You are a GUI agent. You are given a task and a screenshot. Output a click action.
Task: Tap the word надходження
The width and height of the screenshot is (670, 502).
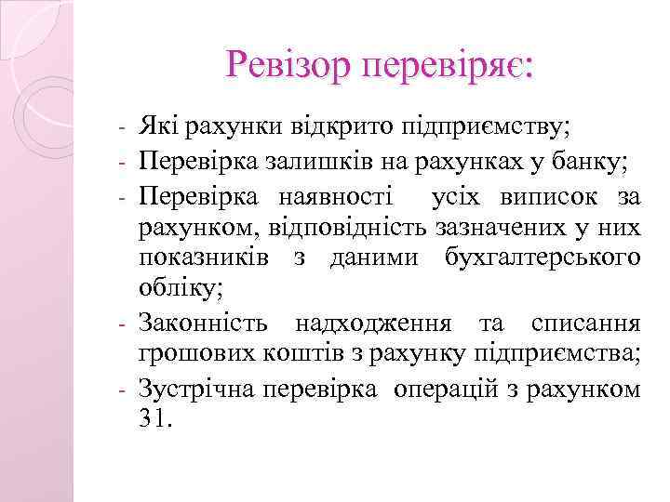(x=376, y=324)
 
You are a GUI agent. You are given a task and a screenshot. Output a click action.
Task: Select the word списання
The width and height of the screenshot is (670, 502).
(x=585, y=324)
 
